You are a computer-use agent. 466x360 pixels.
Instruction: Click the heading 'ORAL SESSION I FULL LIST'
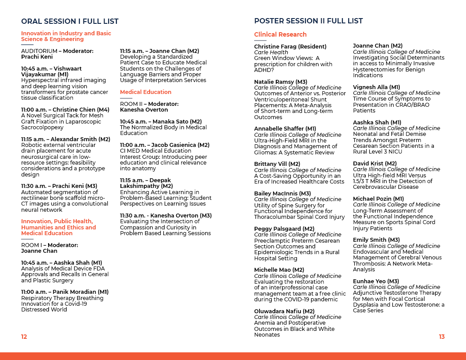click(x=70, y=21)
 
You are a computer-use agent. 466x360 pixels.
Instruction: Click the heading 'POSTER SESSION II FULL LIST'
click(x=308, y=21)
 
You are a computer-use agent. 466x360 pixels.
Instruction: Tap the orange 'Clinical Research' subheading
click(x=280, y=34)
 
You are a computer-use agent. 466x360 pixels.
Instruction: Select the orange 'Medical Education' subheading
click(x=146, y=92)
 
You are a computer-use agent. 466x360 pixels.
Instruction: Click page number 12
click(x=24, y=337)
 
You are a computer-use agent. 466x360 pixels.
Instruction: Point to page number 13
click(x=442, y=337)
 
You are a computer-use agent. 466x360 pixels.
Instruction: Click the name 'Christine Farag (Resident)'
click(x=290, y=47)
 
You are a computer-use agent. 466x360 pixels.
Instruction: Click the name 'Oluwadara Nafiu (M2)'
click(x=284, y=311)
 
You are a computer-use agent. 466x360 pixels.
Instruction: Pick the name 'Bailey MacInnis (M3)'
click(x=282, y=194)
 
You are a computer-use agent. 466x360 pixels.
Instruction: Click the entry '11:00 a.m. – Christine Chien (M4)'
click(x=65, y=110)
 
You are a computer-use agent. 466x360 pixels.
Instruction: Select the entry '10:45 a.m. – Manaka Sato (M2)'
click(x=161, y=122)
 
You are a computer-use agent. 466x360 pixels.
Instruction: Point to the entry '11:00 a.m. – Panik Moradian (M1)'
click(x=65, y=292)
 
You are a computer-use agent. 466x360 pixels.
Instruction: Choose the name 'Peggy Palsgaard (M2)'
click(x=284, y=229)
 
